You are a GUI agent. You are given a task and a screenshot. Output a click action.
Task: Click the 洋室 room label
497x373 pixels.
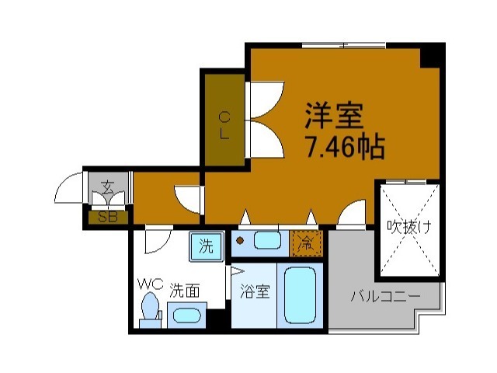tap(334, 117)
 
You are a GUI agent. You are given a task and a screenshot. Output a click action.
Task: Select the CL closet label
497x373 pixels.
tap(224, 124)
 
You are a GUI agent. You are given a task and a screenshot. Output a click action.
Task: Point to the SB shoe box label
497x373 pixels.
tap(107, 217)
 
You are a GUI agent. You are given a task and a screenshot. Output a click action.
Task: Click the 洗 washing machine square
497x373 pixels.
tap(206, 247)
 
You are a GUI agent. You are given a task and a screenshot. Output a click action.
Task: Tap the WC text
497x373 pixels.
tap(150, 284)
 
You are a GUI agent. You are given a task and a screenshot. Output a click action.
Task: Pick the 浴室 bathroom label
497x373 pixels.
tap(255, 293)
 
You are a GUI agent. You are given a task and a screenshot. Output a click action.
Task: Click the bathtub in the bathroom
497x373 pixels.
tap(300, 296)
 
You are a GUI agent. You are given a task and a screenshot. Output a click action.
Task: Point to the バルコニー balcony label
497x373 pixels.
tap(384, 296)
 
